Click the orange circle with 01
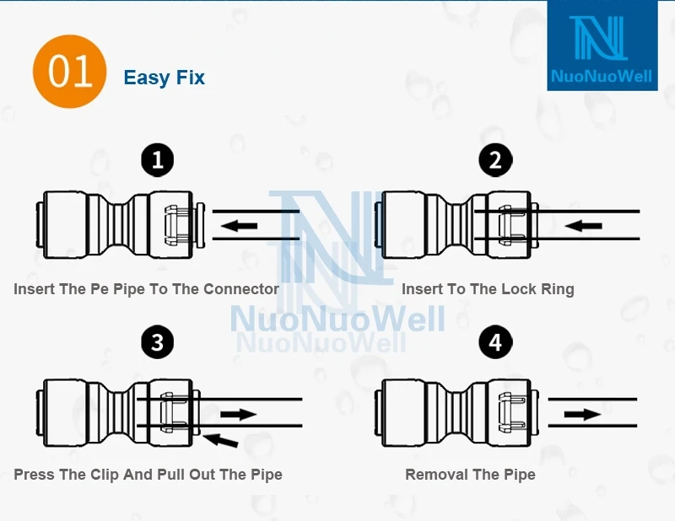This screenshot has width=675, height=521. coord(69,73)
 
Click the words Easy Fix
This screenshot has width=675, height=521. coord(164,78)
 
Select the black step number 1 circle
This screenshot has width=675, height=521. coord(157,159)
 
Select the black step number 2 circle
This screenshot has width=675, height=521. coord(494,159)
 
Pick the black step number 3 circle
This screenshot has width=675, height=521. coord(157,342)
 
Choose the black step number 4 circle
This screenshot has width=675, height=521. coord(494,342)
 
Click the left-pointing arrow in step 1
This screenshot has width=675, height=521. coord(240,225)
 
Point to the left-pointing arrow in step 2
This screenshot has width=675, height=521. coord(584,225)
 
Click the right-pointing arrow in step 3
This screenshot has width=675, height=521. coord(238,414)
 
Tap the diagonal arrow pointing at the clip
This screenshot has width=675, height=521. coord(224,439)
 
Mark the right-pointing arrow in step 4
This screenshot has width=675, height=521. coord(582,414)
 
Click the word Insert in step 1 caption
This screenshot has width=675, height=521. coord(35,289)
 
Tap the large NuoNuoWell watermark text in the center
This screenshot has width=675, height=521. coord(337,320)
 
